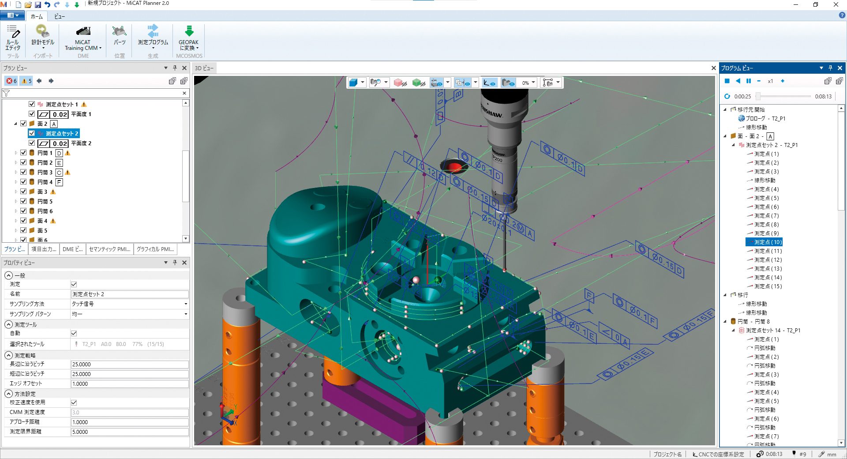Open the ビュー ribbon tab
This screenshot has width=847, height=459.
[60, 16]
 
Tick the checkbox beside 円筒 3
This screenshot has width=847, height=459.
[24, 172]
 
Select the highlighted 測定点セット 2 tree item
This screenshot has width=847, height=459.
[62, 133]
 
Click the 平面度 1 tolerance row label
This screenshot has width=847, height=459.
[81, 114]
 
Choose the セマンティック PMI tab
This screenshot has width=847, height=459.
[109, 249]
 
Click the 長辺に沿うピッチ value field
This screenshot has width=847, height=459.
[130, 365]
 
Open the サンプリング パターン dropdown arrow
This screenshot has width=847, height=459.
[186, 314]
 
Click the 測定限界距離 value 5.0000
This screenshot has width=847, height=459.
[130, 432]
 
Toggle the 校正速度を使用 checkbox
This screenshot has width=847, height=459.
[74, 403]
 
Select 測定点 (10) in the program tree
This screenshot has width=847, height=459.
[768, 242]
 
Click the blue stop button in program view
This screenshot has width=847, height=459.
[727, 81]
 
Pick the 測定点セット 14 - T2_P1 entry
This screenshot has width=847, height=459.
[773, 331]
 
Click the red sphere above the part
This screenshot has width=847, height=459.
[454, 167]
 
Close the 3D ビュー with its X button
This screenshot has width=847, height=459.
[713, 68]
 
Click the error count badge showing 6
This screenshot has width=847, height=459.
[11, 81]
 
